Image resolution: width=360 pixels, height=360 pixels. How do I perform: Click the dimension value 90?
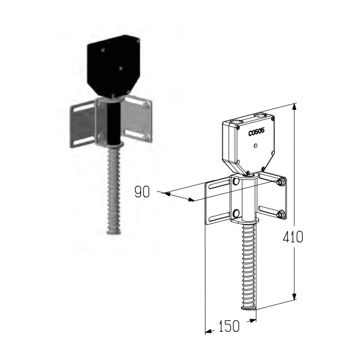[x=142, y=192]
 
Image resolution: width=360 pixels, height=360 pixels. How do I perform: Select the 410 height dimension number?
[x=293, y=237]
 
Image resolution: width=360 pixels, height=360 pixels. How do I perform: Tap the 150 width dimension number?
[x=229, y=326]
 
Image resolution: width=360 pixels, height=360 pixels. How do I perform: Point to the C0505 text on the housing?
[x=256, y=132]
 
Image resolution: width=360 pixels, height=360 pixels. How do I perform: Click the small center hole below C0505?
[x=255, y=145]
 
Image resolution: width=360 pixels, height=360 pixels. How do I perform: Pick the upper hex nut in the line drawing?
[x=280, y=182]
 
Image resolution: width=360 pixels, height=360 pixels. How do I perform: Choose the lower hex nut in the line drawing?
[x=280, y=215]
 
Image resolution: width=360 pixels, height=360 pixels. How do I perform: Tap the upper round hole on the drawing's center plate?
[x=236, y=182]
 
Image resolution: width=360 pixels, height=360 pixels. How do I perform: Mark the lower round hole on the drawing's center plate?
[x=236, y=214]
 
